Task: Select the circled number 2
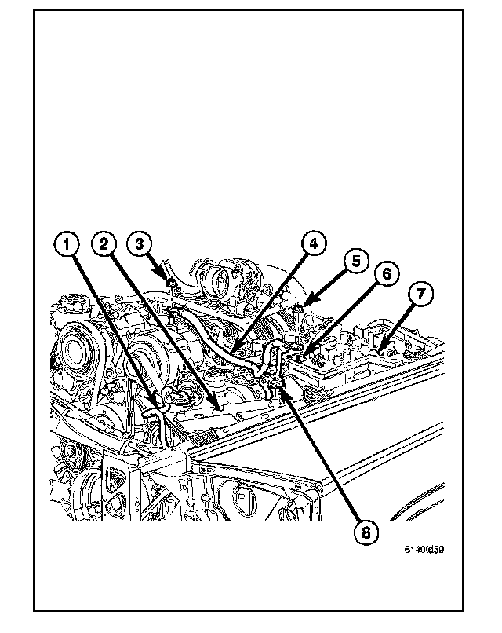point(104,243)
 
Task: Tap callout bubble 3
point(140,243)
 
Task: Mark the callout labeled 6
point(386,274)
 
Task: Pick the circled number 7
point(420,295)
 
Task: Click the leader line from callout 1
point(114,327)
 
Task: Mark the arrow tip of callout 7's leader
point(380,346)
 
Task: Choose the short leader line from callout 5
point(329,282)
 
